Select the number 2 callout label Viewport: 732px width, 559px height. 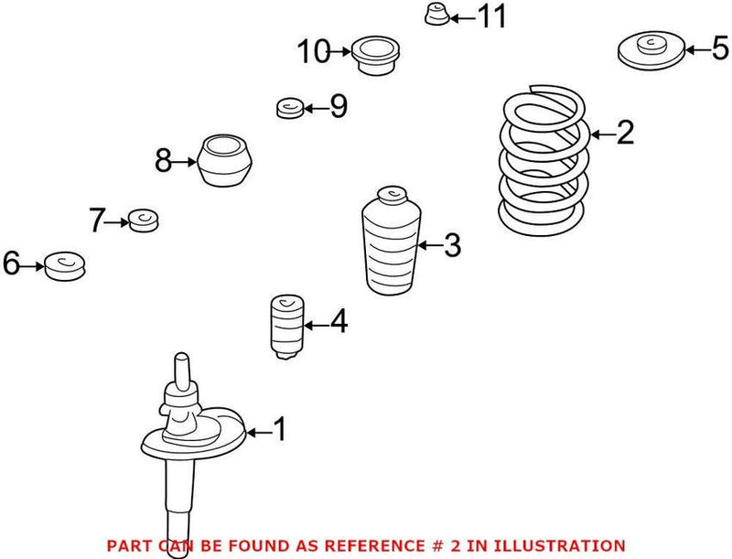pyautogui.click(x=624, y=134)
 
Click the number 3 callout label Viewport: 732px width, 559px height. pyautogui.click(x=451, y=245)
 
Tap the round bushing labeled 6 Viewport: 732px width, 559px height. pyautogui.click(x=64, y=264)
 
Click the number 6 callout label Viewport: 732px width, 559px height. pyautogui.click(x=11, y=265)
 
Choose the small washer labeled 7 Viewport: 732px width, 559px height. pyautogui.click(x=144, y=220)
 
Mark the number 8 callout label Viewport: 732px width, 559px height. pyautogui.click(x=163, y=163)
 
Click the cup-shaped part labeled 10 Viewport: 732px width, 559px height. pyautogui.click(x=375, y=55)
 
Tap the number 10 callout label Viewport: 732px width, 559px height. pyautogui.click(x=313, y=52)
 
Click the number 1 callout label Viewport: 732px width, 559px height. pyautogui.click(x=279, y=429)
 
